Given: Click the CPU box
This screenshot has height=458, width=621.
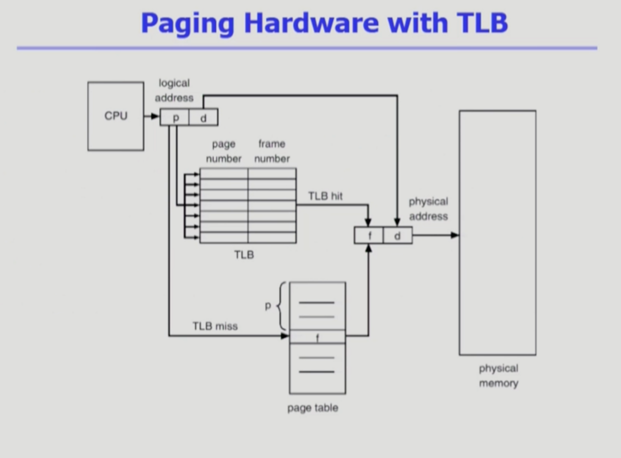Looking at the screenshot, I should coord(115,116).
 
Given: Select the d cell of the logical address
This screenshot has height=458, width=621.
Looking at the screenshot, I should coord(203,117).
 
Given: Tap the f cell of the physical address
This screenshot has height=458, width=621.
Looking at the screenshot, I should coord(369,236).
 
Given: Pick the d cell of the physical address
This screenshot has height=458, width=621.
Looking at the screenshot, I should coord(397,236).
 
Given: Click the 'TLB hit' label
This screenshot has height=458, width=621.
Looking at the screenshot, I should coord(325,196).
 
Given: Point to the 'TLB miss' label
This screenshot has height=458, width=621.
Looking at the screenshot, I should coord(215,326).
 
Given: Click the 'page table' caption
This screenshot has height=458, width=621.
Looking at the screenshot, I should coord(312,408).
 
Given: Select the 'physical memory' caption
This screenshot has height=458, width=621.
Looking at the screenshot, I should coord(498,376).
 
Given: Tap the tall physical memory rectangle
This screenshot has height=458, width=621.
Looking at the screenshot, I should coord(497,233).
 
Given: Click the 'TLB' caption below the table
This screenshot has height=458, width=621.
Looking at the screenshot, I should coord(244,254).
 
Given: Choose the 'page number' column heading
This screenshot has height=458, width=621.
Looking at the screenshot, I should coord(224,151).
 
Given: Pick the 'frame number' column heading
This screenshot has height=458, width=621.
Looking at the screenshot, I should coord(272,151).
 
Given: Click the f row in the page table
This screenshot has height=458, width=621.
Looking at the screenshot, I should coord(317,337).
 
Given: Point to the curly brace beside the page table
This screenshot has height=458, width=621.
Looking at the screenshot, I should coord(280,306).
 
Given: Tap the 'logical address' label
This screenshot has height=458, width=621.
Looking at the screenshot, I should coord(174,91).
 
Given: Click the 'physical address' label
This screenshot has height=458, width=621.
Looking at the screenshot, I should coord(428,209).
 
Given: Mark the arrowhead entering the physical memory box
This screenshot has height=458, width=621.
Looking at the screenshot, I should coord(455,236).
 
